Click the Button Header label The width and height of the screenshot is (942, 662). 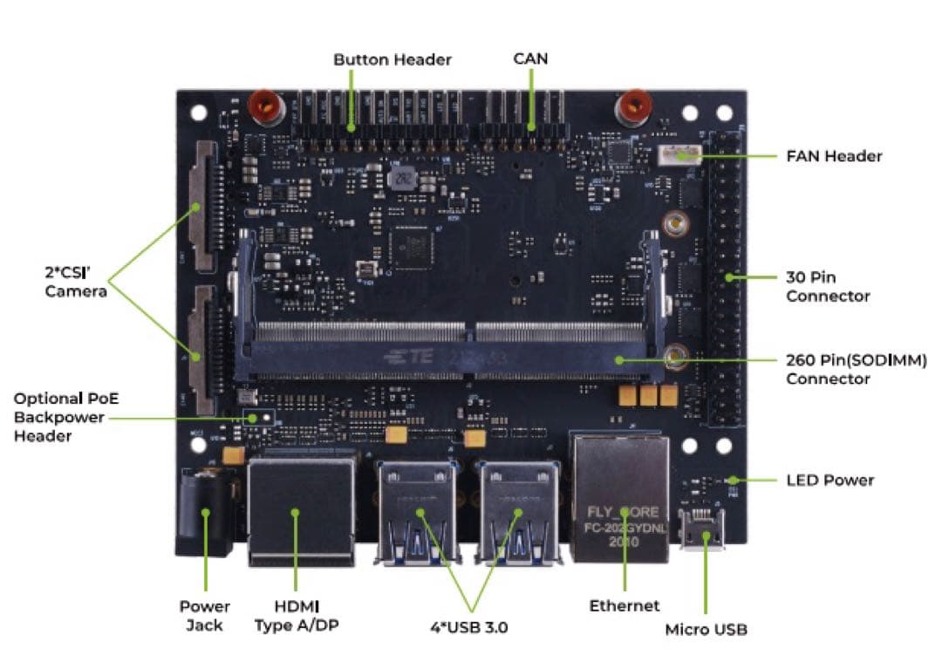pyautogui.click(x=392, y=59)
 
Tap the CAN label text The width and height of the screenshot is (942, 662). pyautogui.click(x=530, y=58)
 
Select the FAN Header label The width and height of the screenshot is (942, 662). pyautogui.click(x=834, y=156)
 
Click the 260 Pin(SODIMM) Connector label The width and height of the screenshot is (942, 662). pyautogui.click(x=856, y=369)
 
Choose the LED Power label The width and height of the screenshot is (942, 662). pyautogui.click(x=829, y=480)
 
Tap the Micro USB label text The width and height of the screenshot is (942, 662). pyautogui.click(x=706, y=629)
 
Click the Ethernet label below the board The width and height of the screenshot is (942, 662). pyautogui.click(x=625, y=605)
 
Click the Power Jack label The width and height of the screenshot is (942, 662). pyautogui.click(x=205, y=616)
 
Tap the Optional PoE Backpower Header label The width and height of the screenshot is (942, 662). pyautogui.click(x=65, y=417)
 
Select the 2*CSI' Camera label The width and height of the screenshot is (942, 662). pyautogui.click(x=76, y=281)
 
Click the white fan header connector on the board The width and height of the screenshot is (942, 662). pyautogui.click(x=679, y=156)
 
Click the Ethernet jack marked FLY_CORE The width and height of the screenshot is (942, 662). pyautogui.click(x=623, y=497)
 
